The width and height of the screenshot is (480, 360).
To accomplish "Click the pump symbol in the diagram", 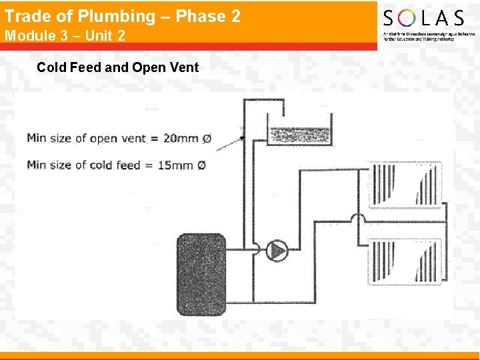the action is click(277, 251).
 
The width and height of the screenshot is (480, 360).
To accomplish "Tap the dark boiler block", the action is click(199, 265).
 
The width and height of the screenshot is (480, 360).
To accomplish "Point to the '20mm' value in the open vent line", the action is click(181, 139).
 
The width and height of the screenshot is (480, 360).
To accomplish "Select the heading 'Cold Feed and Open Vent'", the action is click(117, 67).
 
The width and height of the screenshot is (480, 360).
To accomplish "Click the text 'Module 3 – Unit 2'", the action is click(65, 35).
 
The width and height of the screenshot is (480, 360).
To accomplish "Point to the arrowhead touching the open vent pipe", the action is click(241, 138).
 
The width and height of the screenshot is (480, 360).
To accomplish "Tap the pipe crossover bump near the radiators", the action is click(357, 219).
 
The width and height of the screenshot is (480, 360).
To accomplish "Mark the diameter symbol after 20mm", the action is click(206, 139).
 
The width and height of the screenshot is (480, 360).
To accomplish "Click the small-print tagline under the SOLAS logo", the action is click(429, 37).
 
